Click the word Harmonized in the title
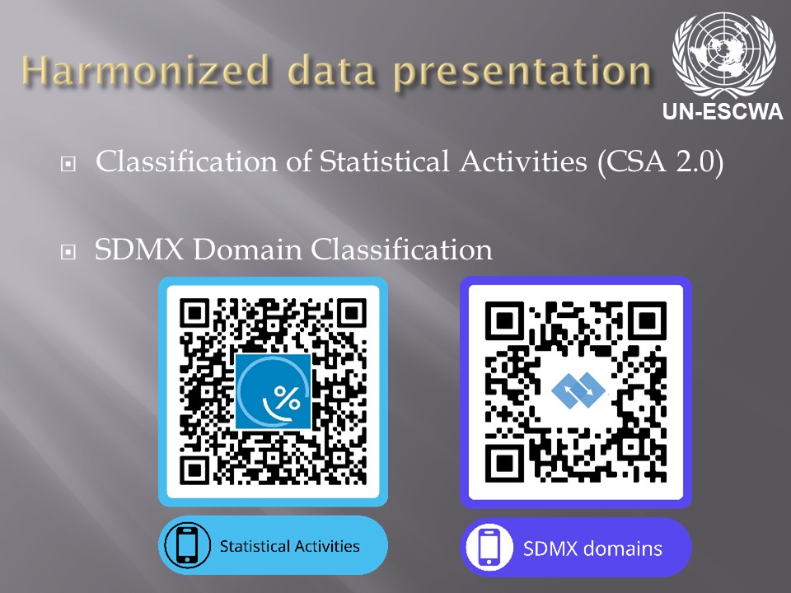pyautogui.click(x=146, y=71)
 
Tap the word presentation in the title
pyautogui.click(x=522, y=72)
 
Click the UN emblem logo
pyautogui.click(x=723, y=54)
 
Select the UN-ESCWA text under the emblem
pyautogui.click(x=723, y=111)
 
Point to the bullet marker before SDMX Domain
pyautogui.click(x=68, y=252)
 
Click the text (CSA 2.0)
pyautogui.click(x=660, y=162)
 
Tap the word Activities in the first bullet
pyautogui.click(x=523, y=161)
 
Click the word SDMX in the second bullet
pyautogui.click(x=139, y=249)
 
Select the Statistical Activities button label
pyautogui.click(x=289, y=546)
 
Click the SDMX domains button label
pyautogui.click(x=592, y=549)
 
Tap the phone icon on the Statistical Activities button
pyautogui.click(x=187, y=545)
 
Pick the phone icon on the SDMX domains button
pyautogui.click(x=489, y=547)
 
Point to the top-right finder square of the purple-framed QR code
pyautogui.click(x=647, y=320)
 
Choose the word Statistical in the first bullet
pyautogui.click(x=384, y=161)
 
